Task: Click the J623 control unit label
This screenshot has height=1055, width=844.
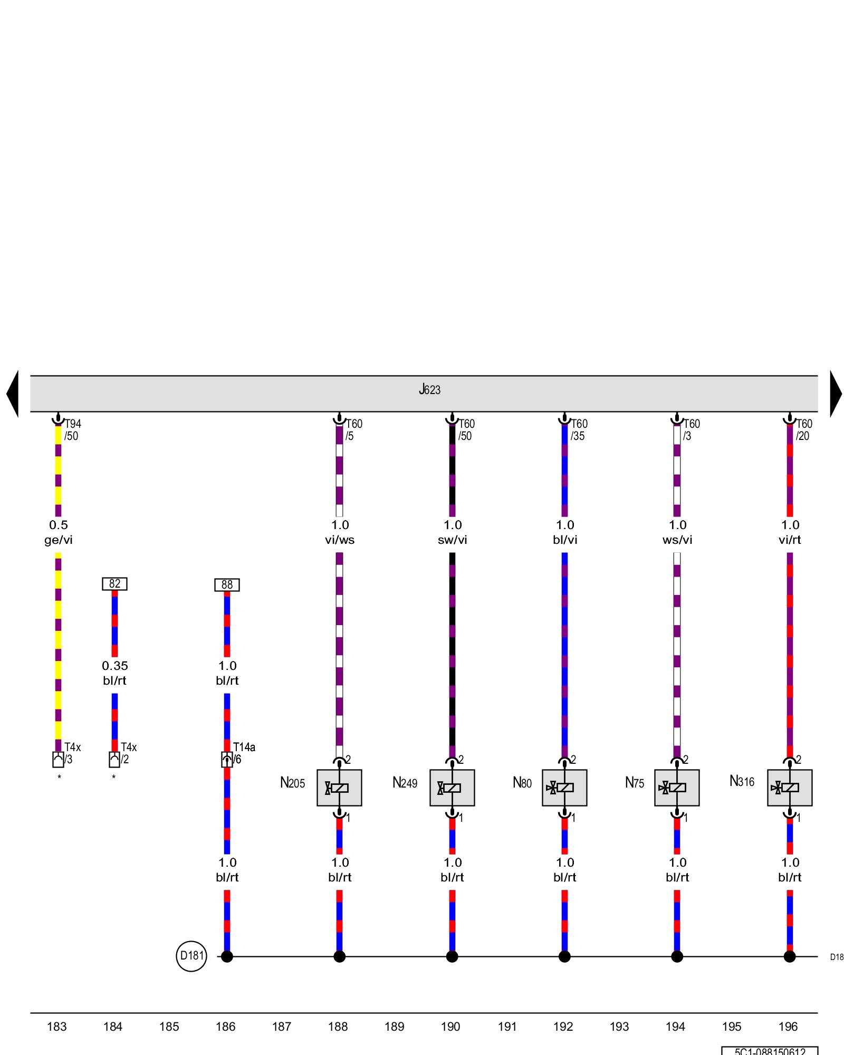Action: pyautogui.click(x=429, y=390)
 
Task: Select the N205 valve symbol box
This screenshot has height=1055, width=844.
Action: pyautogui.click(x=339, y=788)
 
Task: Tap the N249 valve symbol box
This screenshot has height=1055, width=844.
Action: pyautogui.click(x=452, y=788)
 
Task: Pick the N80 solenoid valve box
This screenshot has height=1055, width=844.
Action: pyautogui.click(x=564, y=788)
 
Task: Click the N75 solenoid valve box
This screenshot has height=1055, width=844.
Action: pyautogui.click(x=677, y=788)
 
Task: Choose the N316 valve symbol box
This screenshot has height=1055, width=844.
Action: pyautogui.click(x=790, y=788)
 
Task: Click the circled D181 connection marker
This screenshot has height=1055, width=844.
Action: pyautogui.click(x=191, y=956)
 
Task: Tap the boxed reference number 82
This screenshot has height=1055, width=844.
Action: pyautogui.click(x=114, y=584)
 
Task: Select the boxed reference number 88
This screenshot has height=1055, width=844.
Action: pyautogui.click(x=227, y=585)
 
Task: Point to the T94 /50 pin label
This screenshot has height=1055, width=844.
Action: pyautogui.click(x=73, y=430)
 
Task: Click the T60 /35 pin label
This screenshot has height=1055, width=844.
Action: pyautogui.click(x=579, y=430)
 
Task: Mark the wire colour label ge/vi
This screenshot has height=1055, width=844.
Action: pyautogui.click(x=59, y=540)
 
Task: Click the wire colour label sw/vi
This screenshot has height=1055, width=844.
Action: pyautogui.click(x=453, y=540)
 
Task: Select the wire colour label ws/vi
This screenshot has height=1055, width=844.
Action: pyautogui.click(x=677, y=540)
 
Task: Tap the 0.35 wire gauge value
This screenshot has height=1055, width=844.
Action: pyautogui.click(x=115, y=666)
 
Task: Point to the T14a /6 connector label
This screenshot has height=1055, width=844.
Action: pyautogui.click(x=244, y=753)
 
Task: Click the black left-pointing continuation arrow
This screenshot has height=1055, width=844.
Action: pyautogui.click(x=13, y=394)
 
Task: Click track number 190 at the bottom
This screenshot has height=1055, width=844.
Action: pyautogui.click(x=450, y=1027)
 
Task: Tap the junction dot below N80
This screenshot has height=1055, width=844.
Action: pyautogui.click(x=564, y=956)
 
